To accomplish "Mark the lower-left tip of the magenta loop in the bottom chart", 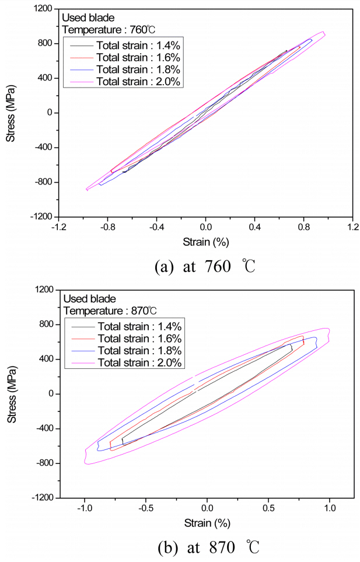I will tap(86, 463).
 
